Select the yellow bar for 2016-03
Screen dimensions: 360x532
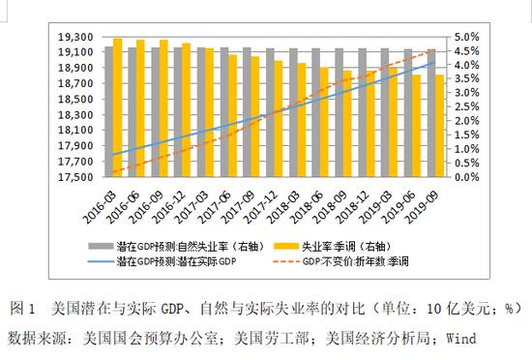pyautogui.click(x=118, y=107)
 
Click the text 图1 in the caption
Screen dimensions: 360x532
pyautogui.click(x=21, y=310)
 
